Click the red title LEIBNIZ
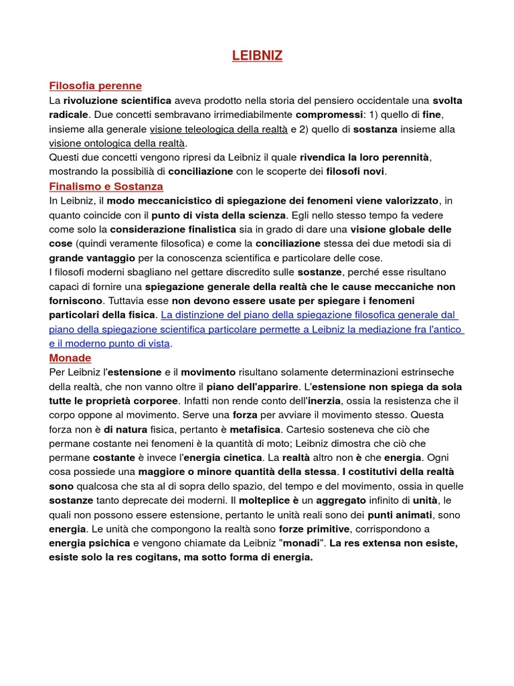pos(257,56)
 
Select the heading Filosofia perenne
pos(95,86)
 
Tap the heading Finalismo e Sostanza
pos(106,186)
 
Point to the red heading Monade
pos(70,358)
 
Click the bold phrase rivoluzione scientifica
pos(117,100)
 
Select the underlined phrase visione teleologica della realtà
pos(219,129)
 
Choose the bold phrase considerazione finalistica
pos(170,229)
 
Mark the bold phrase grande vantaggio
pos(92,257)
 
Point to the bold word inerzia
pos(323,401)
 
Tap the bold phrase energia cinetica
pos(222,458)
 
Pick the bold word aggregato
pos(341,500)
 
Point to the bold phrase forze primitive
pos(314,529)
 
